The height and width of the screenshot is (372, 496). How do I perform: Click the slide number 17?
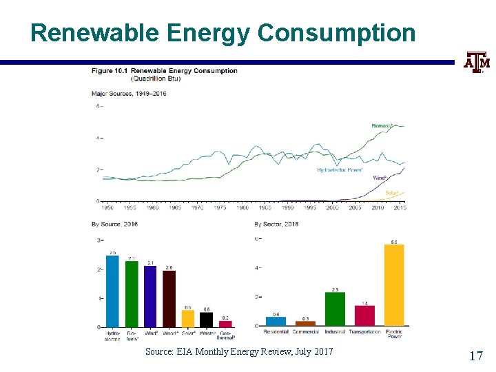point(475,355)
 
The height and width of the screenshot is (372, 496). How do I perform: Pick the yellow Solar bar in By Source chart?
point(188,319)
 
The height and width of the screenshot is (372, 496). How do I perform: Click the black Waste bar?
point(207,320)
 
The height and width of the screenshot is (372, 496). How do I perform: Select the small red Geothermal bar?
point(225,324)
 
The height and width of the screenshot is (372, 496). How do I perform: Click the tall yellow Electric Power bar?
point(394,285)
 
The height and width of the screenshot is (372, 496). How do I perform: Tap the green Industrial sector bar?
point(335,309)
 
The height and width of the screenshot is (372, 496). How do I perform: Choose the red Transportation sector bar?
point(364,316)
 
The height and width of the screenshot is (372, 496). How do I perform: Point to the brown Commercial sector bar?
point(305,323)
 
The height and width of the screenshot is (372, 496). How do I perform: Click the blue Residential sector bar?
point(276,321)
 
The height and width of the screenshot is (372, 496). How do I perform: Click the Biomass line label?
point(382,126)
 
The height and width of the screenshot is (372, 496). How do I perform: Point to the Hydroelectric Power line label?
point(340,169)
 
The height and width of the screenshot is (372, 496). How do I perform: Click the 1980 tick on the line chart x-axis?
point(242,207)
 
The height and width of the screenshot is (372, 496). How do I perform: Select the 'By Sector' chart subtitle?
point(276,225)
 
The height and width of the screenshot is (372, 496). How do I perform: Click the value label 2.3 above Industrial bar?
point(335,289)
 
